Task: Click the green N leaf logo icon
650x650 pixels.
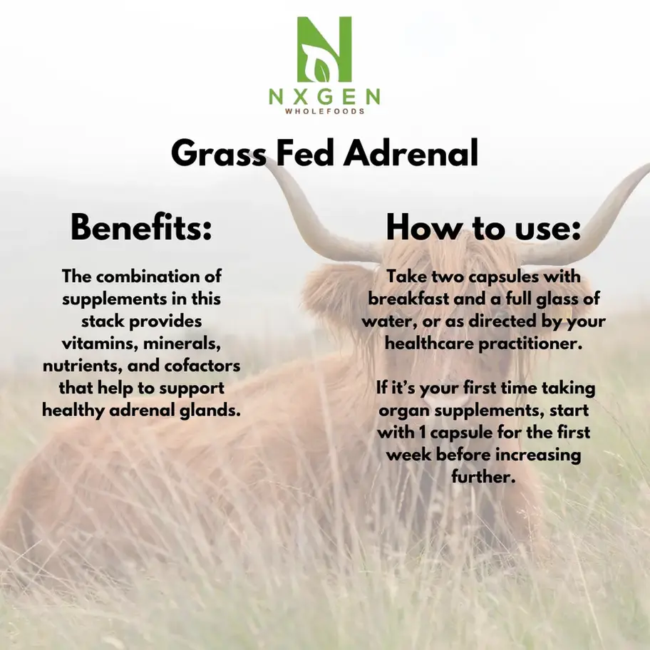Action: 324,48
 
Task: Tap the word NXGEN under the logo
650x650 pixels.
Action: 324,97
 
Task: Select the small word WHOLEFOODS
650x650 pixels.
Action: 324,112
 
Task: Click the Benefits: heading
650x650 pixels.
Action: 141,228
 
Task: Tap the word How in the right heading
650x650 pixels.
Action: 417,228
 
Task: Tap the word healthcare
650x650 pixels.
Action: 423,344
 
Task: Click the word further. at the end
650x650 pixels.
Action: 483,477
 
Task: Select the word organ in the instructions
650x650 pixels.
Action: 403,411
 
